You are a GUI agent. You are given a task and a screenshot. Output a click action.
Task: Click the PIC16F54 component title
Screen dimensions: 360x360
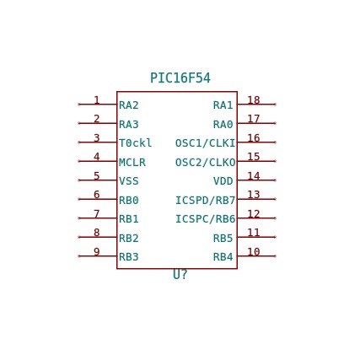tap(180, 78)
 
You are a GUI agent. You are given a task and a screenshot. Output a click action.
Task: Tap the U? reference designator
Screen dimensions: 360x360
tap(180, 275)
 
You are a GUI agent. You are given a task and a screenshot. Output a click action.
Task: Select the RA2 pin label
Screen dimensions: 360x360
tap(129, 105)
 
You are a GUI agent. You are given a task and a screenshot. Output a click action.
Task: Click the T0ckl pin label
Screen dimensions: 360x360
tap(136, 143)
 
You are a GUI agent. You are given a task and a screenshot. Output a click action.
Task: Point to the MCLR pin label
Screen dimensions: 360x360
tap(132, 162)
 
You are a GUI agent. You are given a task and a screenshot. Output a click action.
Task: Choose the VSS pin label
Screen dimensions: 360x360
tap(129, 181)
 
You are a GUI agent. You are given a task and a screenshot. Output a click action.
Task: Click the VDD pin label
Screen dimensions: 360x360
tap(223, 181)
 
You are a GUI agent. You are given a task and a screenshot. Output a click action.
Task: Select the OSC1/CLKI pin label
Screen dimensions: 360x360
tap(205, 143)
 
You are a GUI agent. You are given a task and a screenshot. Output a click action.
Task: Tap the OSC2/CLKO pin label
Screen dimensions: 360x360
tap(205, 162)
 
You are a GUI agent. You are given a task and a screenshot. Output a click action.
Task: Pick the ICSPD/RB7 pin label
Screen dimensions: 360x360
tap(205, 200)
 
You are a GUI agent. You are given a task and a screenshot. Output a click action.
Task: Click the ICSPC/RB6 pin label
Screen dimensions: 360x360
tap(205, 219)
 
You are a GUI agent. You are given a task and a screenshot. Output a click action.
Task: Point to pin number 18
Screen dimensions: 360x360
tap(254, 100)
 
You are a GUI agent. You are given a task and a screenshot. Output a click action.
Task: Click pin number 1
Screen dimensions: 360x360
tap(97, 100)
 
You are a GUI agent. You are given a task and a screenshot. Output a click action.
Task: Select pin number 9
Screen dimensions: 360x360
tap(97, 251)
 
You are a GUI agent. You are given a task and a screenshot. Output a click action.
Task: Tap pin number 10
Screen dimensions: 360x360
tap(254, 251)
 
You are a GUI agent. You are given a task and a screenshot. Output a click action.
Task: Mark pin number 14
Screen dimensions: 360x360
tap(254, 176)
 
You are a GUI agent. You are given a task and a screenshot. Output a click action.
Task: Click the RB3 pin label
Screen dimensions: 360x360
tap(129, 257)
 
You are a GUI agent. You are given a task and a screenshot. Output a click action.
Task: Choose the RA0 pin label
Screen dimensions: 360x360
tap(223, 124)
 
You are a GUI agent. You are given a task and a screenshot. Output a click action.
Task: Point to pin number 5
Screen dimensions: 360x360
tap(97, 176)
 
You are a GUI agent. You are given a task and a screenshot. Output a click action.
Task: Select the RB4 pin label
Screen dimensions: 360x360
tap(223, 257)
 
